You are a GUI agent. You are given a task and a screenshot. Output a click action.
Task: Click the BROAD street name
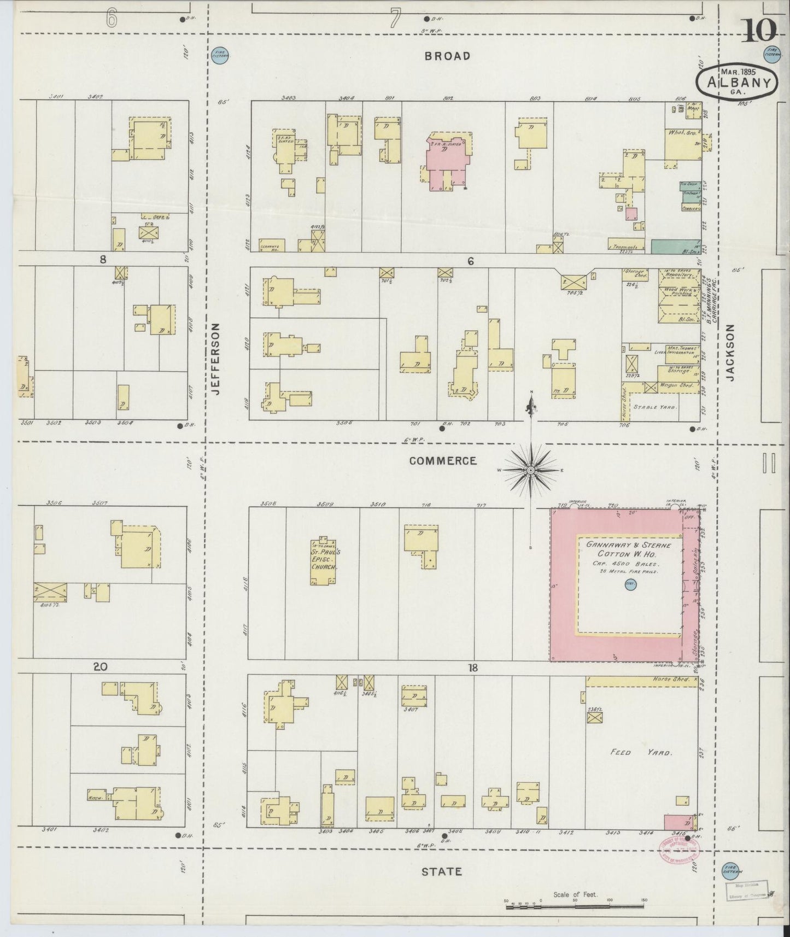[x=447, y=56]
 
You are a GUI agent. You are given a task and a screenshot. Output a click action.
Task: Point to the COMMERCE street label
[x=443, y=461]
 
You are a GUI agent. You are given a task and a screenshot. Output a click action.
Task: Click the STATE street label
[x=441, y=871]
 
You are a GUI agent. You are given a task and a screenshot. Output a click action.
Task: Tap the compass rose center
[x=530, y=470]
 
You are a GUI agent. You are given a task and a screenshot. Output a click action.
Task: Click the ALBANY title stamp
[x=736, y=82]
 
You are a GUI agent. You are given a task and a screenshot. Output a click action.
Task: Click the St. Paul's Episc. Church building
[x=323, y=560]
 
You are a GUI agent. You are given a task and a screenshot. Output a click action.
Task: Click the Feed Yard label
[x=641, y=752]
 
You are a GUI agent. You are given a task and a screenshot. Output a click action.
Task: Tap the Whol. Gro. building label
[x=680, y=133]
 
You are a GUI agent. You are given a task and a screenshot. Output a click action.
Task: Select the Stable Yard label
[x=654, y=407]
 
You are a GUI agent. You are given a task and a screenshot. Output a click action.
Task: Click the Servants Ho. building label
[x=272, y=246]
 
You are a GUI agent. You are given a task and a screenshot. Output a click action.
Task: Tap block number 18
[x=473, y=667]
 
